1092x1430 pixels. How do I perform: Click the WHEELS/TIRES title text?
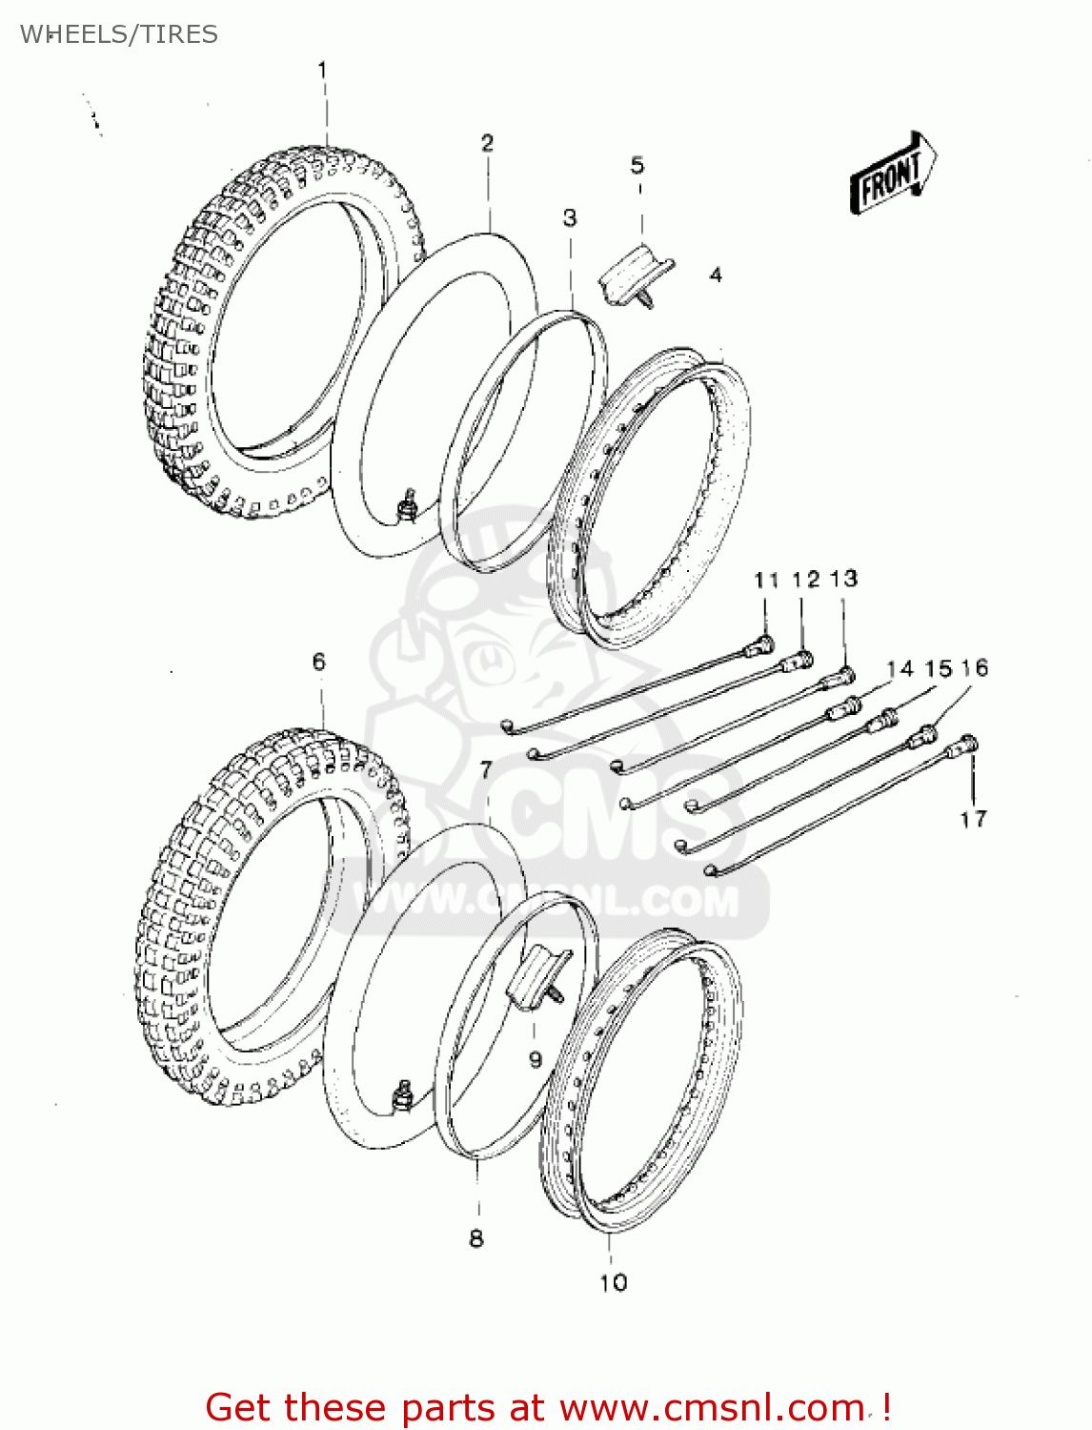[119, 34]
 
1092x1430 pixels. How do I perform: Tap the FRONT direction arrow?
[893, 174]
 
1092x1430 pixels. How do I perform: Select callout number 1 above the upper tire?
[322, 71]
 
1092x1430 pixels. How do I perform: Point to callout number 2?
[487, 143]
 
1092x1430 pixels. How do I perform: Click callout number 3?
[570, 218]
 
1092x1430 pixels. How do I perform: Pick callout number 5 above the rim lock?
[637, 166]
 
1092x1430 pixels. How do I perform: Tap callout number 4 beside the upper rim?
[716, 276]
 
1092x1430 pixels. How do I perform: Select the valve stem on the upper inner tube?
[409, 504]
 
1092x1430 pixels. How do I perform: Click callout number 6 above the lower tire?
[318, 662]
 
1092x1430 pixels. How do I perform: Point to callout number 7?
[486, 769]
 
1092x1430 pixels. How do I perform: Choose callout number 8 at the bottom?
[476, 1238]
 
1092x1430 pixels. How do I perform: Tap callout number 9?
[536, 1059]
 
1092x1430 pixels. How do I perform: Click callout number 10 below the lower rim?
[614, 1283]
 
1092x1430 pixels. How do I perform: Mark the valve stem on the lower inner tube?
[403, 1096]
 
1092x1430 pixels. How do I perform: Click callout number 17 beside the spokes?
[973, 819]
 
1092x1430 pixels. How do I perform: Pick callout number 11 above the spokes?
[766, 581]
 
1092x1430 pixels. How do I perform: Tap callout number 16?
[975, 668]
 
